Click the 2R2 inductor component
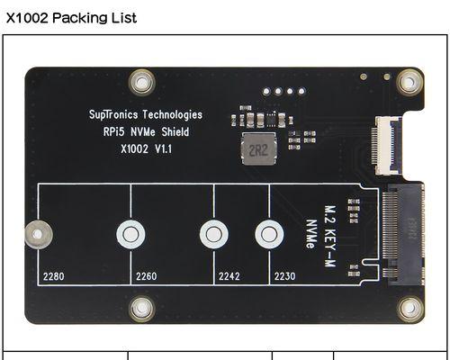(258, 149)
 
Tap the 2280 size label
(53, 276)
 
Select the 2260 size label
(146, 276)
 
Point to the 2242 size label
(229, 276)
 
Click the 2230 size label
(284, 276)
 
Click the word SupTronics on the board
(113, 114)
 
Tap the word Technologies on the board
(173, 115)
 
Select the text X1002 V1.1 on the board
(146, 148)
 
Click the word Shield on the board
(175, 131)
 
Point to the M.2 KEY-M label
(330, 236)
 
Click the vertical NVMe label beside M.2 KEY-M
(311, 234)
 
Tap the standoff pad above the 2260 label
(130, 234)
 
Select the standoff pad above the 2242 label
(214, 234)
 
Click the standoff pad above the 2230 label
(269, 234)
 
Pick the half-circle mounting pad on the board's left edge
(38, 234)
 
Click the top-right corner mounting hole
(409, 82)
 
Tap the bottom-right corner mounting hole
(409, 309)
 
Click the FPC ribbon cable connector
(386, 146)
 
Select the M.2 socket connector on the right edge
(403, 235)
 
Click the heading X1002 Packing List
(71, 18)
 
